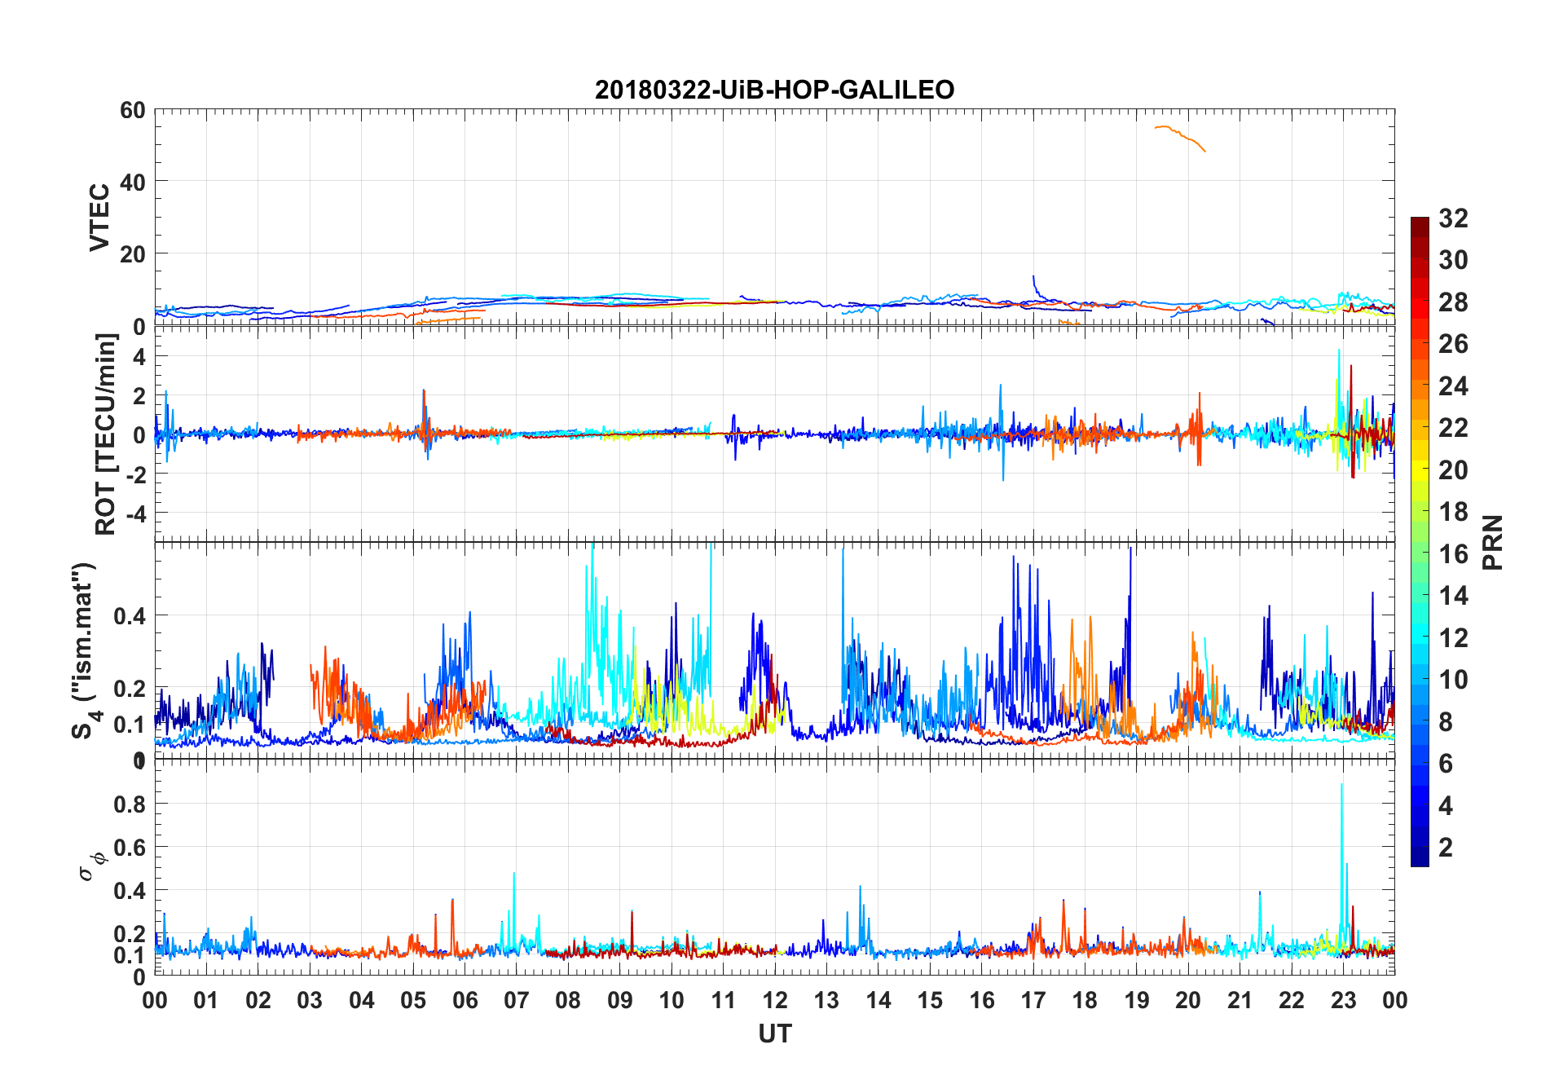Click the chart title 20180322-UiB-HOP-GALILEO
(774, 90)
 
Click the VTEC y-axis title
(99, 218)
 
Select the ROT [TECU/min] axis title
(106, 434)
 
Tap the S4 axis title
(85, 650)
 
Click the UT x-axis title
(774, 1034)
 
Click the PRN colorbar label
(1492, 542)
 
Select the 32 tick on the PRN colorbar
(1453, 218)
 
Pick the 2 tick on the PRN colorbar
(1446, 848)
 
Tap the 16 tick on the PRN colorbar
(1453, 554)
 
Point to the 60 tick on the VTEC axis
(133, 110)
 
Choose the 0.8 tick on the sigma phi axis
(130, 804)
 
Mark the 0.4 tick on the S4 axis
(130, 616)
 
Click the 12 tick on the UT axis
(775, 1000)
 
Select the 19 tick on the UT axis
(1136, 1000)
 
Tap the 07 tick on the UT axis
(517, 1000)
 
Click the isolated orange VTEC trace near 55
(1179, 135)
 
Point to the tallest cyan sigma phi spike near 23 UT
(1341, 787)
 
